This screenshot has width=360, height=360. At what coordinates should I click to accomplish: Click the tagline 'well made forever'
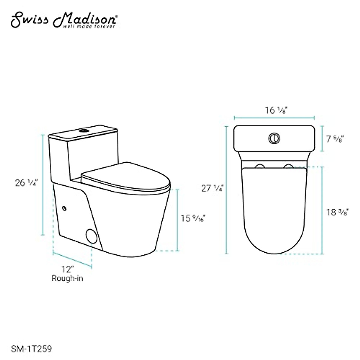(x=89, y=27)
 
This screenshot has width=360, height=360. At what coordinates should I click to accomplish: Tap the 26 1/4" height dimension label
(x=25, y=183)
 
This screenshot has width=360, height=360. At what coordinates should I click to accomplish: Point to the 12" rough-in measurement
(x=67, y=268)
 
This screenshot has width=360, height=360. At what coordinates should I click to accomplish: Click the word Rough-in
(x=67, y=278)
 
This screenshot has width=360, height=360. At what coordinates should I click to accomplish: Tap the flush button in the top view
(x=274, y=138)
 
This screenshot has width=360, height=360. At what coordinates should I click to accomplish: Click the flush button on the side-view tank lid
(x=83, y=130)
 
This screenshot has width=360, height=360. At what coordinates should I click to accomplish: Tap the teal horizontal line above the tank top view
(x=274, y=118)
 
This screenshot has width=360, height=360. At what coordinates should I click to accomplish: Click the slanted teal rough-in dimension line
(x=72, y=259)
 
